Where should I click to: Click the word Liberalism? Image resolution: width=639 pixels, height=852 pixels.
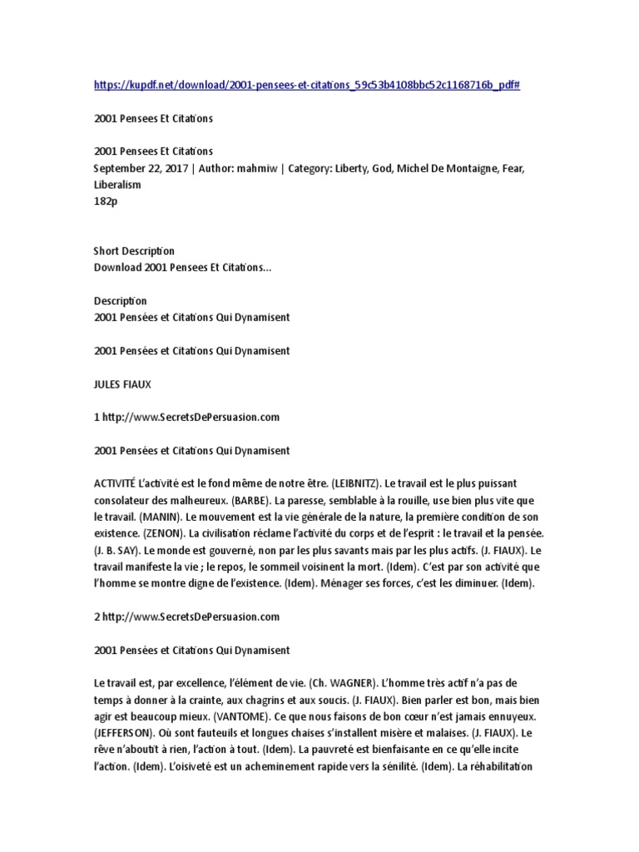(x=118, y=185)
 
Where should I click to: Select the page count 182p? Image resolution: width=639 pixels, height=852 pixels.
(x=106, y=201)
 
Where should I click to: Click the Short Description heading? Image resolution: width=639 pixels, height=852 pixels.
(x=135, y=250)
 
